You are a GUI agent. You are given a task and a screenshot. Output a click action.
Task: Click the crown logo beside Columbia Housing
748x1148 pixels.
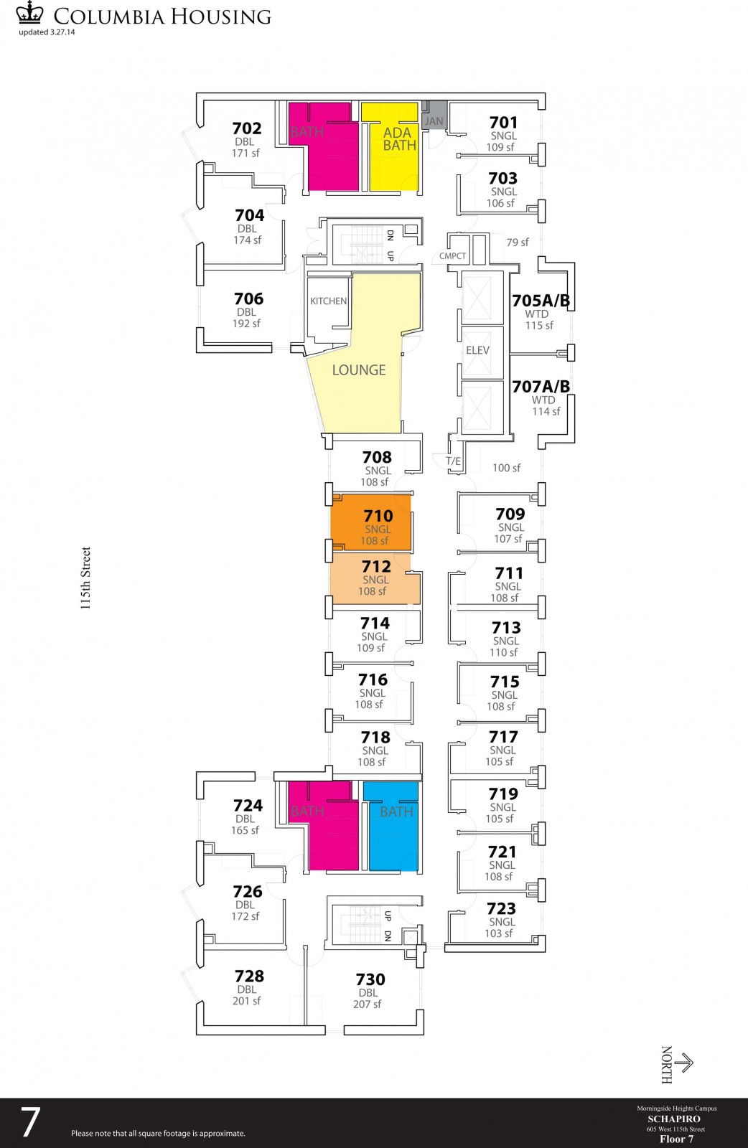point(29,12)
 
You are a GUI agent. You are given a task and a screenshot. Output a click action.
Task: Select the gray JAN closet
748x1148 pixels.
point(434,116)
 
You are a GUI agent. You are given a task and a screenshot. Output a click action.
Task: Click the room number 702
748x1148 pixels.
point(247,128)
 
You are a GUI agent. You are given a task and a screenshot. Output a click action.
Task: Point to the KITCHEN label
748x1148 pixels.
point(328,301)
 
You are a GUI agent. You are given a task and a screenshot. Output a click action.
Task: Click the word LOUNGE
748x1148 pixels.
point(359,370)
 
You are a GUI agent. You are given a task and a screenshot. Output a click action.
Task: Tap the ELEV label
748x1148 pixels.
point(477,351)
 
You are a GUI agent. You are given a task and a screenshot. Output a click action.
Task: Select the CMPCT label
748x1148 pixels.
point(453,255)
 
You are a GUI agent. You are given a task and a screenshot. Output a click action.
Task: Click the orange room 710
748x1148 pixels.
point(371,522)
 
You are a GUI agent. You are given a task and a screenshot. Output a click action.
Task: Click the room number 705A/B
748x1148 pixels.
point(541,301)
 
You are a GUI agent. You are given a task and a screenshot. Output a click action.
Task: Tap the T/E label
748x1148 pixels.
point(453,461)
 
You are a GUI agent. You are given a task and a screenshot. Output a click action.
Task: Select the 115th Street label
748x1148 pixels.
point(85,578)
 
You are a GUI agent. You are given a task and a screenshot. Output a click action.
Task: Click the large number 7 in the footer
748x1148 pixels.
point(29,1122)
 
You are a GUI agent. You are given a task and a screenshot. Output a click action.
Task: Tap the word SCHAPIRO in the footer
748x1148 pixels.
point(673,1119)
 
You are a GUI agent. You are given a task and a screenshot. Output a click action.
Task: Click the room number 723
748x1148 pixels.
point(501,908)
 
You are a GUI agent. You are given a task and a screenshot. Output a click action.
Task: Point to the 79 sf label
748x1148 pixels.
point(518,243)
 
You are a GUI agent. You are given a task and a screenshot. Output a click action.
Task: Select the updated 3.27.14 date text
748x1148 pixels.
point(47,32)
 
